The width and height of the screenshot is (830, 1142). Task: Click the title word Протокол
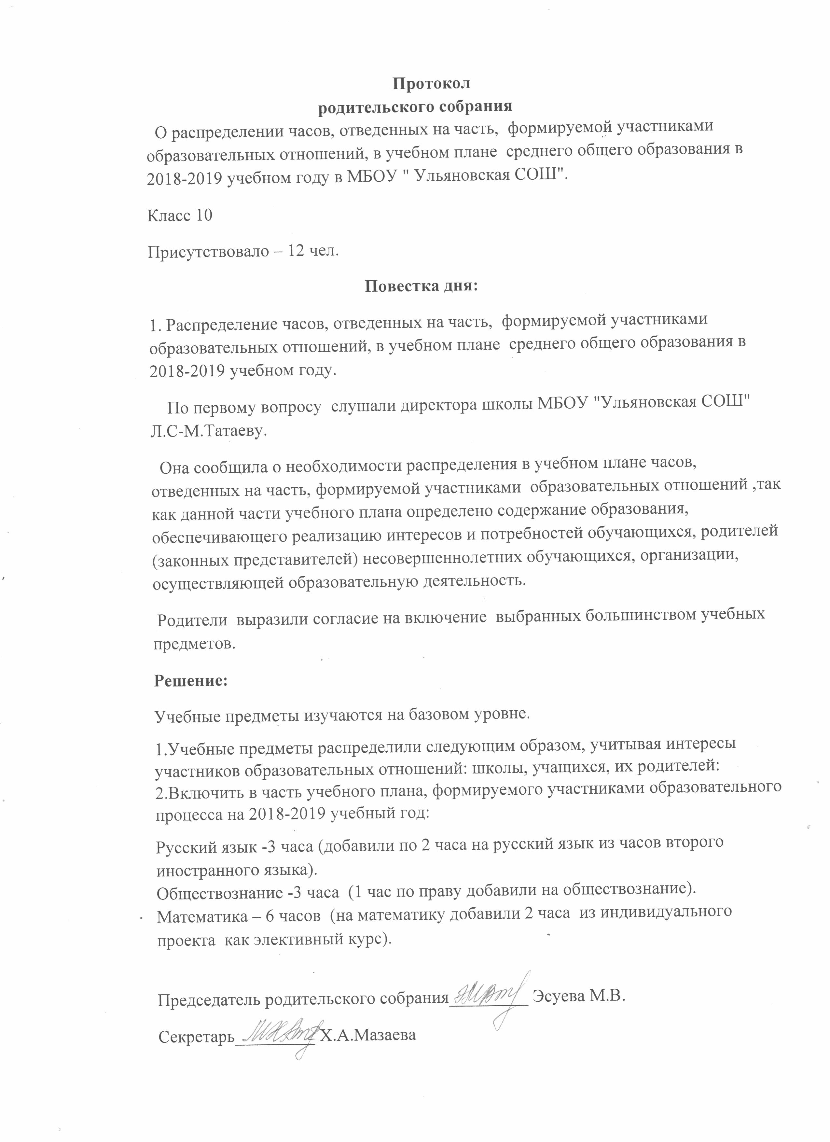[431, 84]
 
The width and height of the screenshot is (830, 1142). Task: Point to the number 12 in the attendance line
[296, 251]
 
